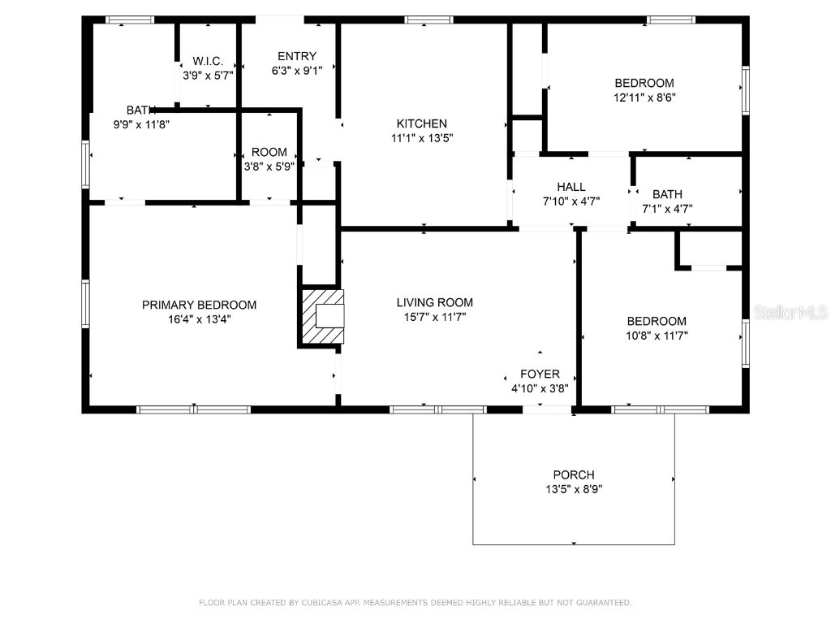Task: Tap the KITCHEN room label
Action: point(421,123)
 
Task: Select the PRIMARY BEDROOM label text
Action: point(199,305)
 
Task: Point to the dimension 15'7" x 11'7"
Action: point(434,317)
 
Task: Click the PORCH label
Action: point(574,474)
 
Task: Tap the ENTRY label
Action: point(297,56)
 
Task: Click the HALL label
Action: point(571,187)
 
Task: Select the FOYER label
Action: point(540,374)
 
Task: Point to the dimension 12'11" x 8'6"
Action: point(644,97)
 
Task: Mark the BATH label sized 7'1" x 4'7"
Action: point(667,194)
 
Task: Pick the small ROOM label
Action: point(269,152)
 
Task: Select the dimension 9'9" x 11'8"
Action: point(140,124)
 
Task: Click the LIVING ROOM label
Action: point(434,302)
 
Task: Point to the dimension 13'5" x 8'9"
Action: point(574,489)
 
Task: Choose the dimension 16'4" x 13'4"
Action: point(199,319)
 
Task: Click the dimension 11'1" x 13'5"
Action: point(421,138)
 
